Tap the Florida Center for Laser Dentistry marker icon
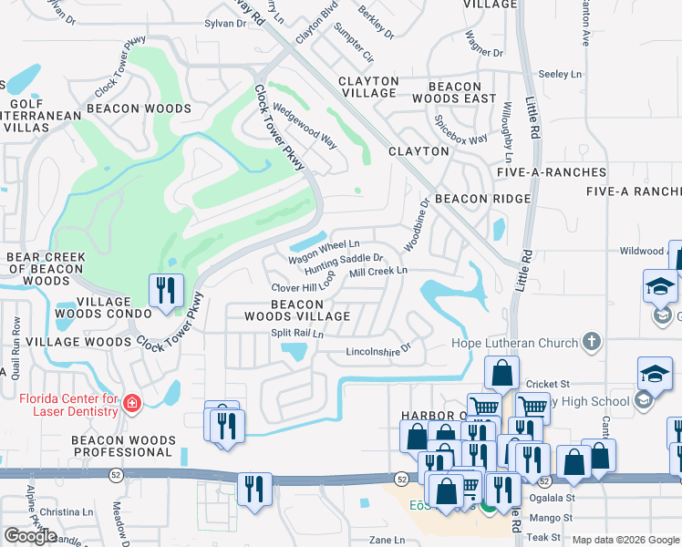[x=132, y=403]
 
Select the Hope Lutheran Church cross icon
[x=592, y=343]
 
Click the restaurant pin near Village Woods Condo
[x=166, y=291]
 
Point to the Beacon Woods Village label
[x=297, y=310]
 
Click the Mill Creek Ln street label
[x=377, y=272]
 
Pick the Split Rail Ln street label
[x=297, y=334]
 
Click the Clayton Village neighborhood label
[x=368, y=87]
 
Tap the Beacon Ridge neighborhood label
[x=482, y=199]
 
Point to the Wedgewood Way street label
[x=305, y=127]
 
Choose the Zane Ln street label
[x=387, y=540]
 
